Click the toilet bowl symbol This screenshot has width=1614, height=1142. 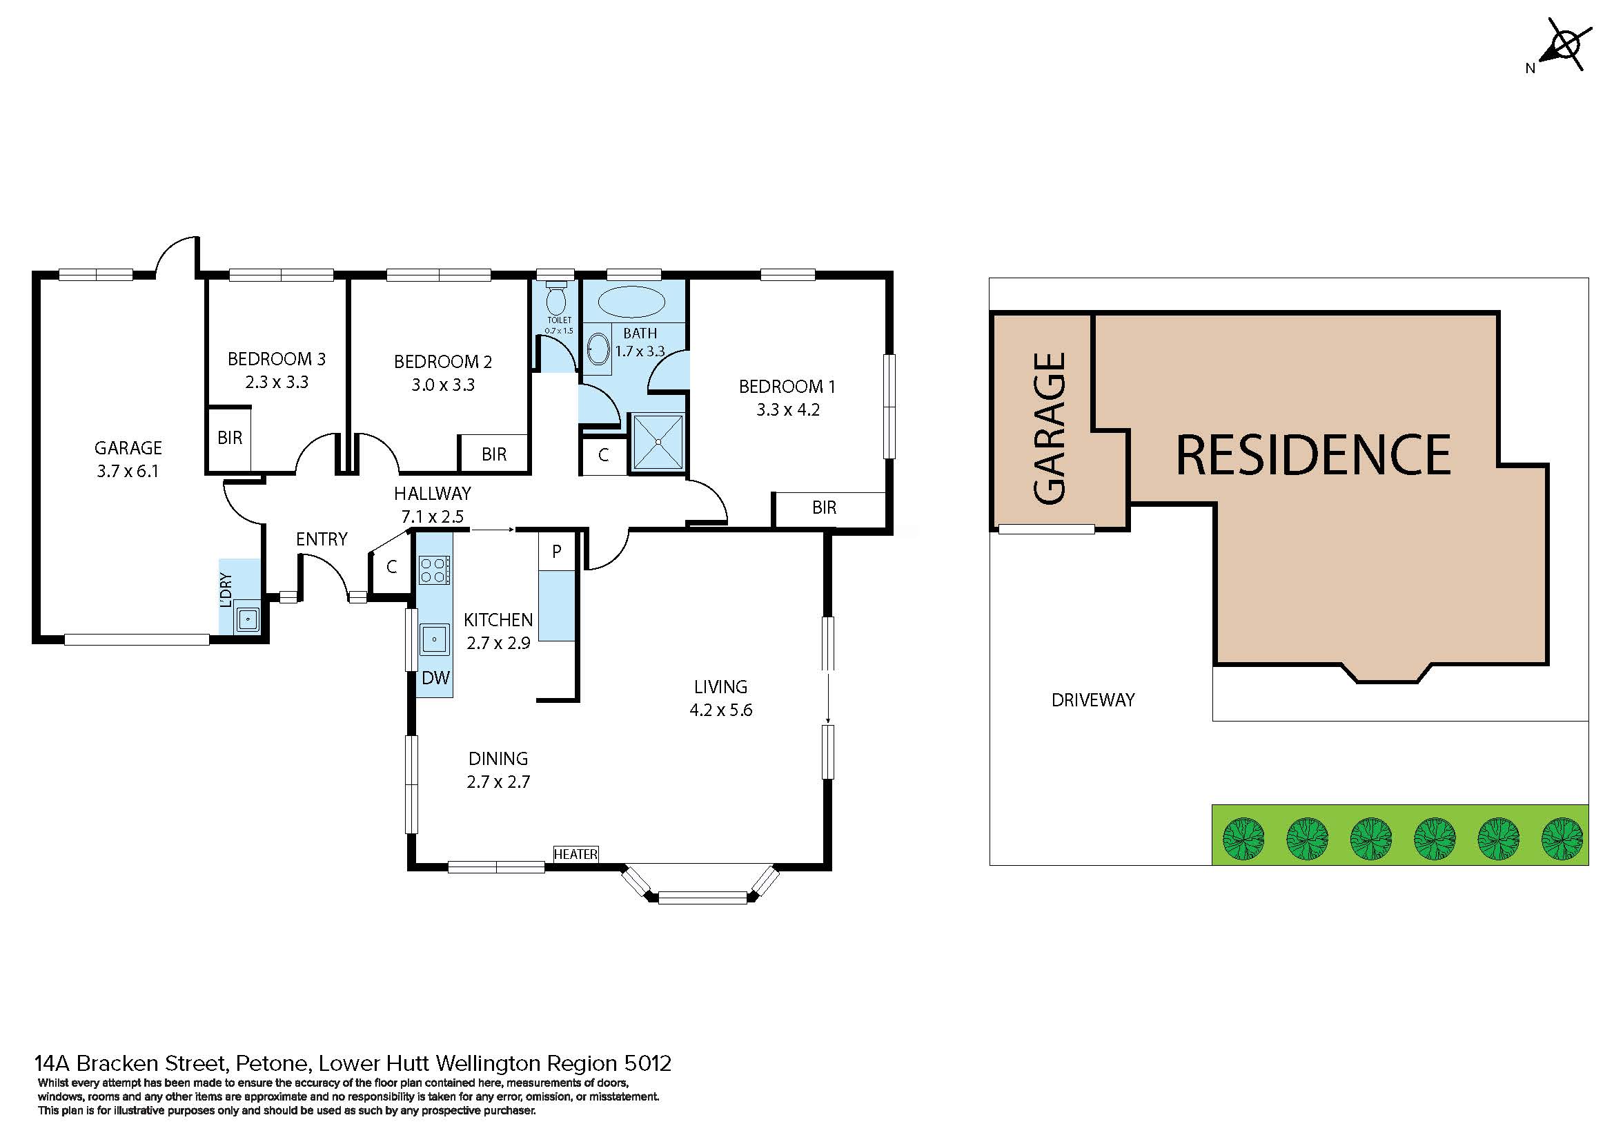pyautogui.click(x=556, y=299)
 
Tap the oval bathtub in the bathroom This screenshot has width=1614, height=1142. pyautogui.click(x=631, y=302)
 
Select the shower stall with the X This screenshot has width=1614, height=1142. pyautogui.click(x=658, y=442)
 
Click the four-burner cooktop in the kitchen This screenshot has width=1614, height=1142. pyautogui.click(x=435, y=570)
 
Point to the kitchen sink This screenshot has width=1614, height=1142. pyautogui.click(x=435, y=639)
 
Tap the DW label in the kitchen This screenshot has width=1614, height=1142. pyautogui.click(x=436, y=678)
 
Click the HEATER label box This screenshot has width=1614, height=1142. pyautogui.click(x=575, y=853)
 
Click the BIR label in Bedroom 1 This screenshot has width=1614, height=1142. pyautogui.click(x=824, y=507)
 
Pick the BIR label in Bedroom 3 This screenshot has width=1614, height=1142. pyautogui.click(x=230, y=438)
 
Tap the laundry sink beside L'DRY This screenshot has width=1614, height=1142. pyautogui.click(x=247, y=619)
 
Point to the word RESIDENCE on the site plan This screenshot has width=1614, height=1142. pyautogui.click(x=1313, y=455)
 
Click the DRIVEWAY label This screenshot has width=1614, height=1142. pyautogui.click(x=1093, y=700)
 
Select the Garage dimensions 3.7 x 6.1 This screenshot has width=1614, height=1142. pyautogui.click(x=128, y=471)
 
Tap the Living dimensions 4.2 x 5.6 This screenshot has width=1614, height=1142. pyautogui.click(x=720, y=710)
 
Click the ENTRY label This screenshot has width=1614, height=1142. pyautogui.click(x=322, y=539)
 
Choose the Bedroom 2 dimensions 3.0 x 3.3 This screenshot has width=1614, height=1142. pyautogui.click(x=443, y=385)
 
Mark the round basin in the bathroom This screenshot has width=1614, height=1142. pyautogui.click(x=598, y=349)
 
